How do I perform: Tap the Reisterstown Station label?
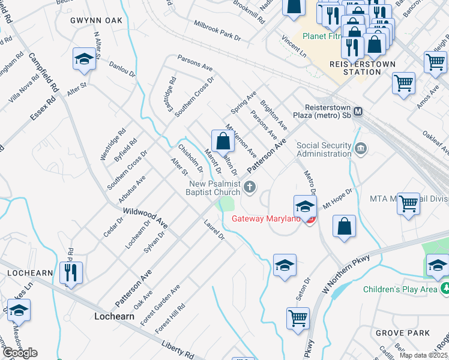(354, 68)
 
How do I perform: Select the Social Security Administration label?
(324, 149)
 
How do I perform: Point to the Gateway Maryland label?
(266, 218)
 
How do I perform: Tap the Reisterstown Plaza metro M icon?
(358, 111)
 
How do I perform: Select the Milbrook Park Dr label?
(217, 30)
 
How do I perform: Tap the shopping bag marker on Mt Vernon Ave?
(223, 142)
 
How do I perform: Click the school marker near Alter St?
(85, 59)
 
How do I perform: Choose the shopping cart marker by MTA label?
(409, 203)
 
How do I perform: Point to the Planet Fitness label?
(323, 36)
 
